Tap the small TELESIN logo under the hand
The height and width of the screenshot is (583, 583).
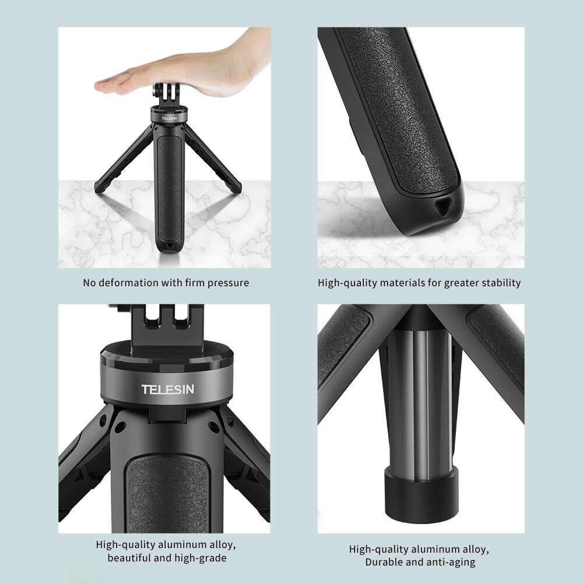(x=168, y=118)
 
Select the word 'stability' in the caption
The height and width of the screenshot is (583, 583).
(x=499, y=283)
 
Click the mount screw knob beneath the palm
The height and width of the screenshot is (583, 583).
(x=160, y=93)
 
